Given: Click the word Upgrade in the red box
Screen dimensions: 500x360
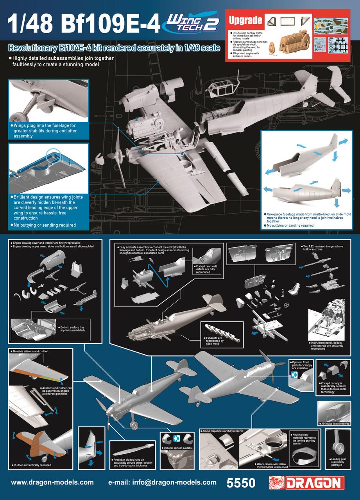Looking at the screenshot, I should click(245, 20).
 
